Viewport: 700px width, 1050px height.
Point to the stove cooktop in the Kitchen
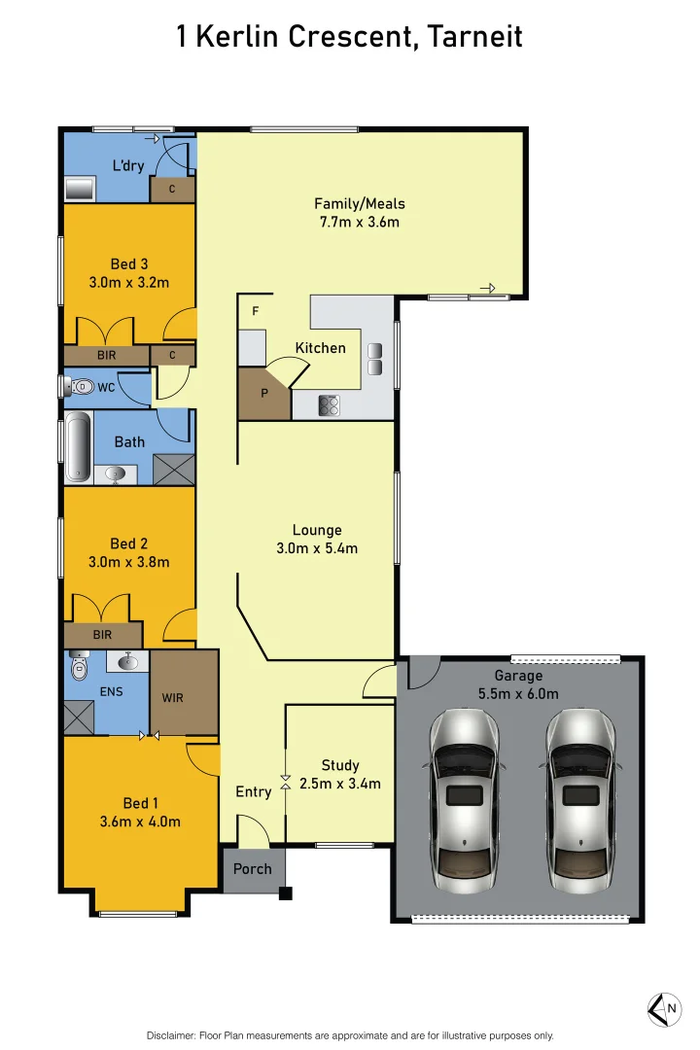click(330, 405)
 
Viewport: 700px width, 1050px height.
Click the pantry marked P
click(263, 395)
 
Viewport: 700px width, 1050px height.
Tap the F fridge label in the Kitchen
click(256, 312)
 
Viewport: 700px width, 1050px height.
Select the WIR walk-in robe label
click(172, 697)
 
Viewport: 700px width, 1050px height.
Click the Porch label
click(253, 868)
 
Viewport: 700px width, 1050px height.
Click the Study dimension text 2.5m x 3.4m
click(339, 784)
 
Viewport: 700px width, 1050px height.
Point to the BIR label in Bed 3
click(106, 356)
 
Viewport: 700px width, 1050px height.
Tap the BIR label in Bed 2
click(102, 635)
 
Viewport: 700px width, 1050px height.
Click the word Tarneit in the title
click(475, 37)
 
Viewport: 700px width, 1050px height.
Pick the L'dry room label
click(128, 165)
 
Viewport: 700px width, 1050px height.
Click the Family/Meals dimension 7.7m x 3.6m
click(360, 222)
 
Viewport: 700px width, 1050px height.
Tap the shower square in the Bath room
click(173, 471)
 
